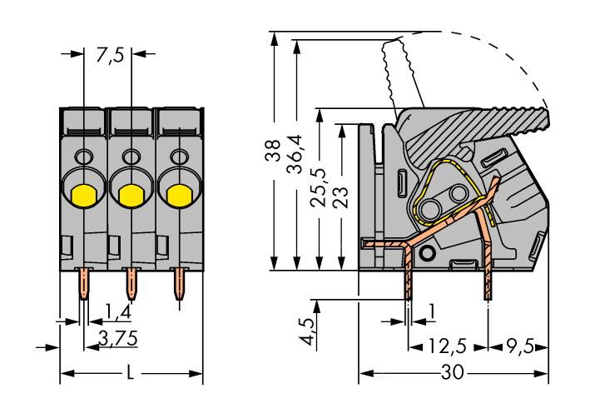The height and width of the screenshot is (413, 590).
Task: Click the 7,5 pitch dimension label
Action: (110, 56)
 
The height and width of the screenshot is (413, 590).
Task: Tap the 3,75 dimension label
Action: (117, 337)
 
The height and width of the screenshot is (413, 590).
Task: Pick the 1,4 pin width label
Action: (117, 313)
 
